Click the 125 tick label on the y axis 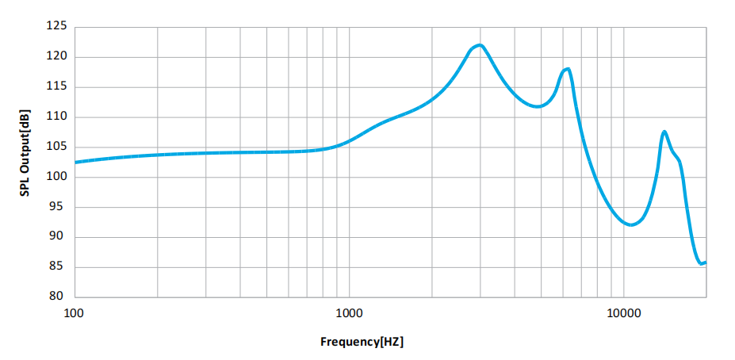[56, 27]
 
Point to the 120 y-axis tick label [56, 57]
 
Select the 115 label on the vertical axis [56, 87]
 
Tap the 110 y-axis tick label [56, 117]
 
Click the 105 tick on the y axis [56, 147]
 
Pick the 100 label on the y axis [56, 177]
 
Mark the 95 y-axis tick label [58, 207]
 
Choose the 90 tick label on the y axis [58, 237]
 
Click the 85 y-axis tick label [58, 267]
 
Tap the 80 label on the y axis [58, 297]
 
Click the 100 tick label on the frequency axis [74, 312]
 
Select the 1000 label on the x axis [348, 312]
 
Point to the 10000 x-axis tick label [623, 312]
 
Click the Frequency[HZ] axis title [362, 343]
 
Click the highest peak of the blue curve [479, 45]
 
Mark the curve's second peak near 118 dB [567, 69]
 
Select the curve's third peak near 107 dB [664, 132]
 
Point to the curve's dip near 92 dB [630, 225]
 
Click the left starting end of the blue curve [75, 162]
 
